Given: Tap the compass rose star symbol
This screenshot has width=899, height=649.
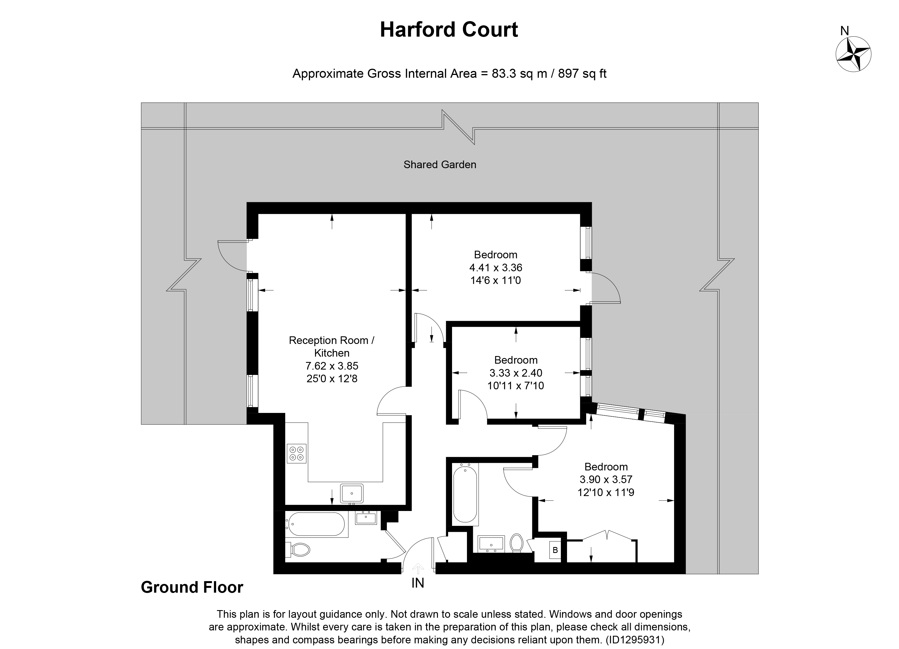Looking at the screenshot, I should [853, 54].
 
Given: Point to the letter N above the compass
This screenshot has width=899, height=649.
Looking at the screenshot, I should [845, 31].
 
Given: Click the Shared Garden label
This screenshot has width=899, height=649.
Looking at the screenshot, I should [440, 165].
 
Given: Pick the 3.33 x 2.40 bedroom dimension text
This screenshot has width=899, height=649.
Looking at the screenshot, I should [516, 373].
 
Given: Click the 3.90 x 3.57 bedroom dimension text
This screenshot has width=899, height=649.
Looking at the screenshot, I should [606, 479].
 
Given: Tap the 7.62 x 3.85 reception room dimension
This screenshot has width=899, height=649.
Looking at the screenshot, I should [332, 366].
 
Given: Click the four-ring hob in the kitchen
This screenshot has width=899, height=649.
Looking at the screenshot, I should [296, 453].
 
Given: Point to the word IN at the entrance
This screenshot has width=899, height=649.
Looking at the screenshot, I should [418, 583].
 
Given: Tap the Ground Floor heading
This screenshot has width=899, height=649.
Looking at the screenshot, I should [192, 587].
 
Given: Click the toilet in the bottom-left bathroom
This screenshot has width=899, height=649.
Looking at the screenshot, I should [298, 549].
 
